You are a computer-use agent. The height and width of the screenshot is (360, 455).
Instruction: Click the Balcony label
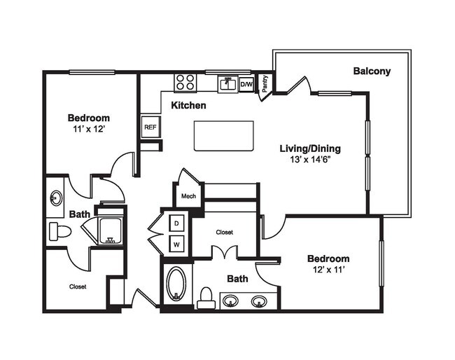pyautogui.click(x=372, y=71)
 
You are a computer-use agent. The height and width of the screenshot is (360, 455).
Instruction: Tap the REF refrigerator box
pyautogui.click(x=150, y=127)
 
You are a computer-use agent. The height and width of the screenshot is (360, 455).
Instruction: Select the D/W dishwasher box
pyautogui.click(x=246, y=84)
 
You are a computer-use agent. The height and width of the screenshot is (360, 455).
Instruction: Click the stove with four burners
pyautogui.click(x=185, y=82)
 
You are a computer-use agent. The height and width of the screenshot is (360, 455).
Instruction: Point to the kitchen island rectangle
pyautogui.click(x=224, y=135)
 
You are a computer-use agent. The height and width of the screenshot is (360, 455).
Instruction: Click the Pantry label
pyautogui.click(x=265, y=83)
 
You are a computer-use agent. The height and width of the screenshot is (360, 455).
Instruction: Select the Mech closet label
pyautogui.click(x=188, y=196)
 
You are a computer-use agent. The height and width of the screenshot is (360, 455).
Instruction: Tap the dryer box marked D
pyautogui.click(x=176, y=223)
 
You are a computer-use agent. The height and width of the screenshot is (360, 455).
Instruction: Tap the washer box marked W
pyautogui.click(x=176, y=244)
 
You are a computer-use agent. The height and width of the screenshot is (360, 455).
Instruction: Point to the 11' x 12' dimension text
pyautogui.click(x=88, y=130)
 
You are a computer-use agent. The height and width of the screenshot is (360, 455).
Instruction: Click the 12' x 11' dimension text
pyautogui.click(x=328, y=269)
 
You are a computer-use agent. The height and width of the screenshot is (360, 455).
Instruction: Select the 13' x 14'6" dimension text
pyautogui.click(x=309, y=160)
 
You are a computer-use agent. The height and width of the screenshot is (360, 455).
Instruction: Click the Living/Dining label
pyautogui.click(x=309, y=148)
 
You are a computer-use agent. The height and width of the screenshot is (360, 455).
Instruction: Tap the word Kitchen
pyautogui.click(x=189, y=105)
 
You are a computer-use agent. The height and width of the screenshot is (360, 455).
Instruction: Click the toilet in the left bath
pyautogui.click(x=59, y=231)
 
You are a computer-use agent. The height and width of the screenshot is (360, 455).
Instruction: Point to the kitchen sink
pyautogui.click(x=227, y=83)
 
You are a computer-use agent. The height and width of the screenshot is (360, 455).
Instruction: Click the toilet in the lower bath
pyautogui.click(x=206, y=298)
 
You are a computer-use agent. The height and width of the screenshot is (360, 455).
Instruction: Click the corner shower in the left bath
pyautogui.click(x=109, y=230)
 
